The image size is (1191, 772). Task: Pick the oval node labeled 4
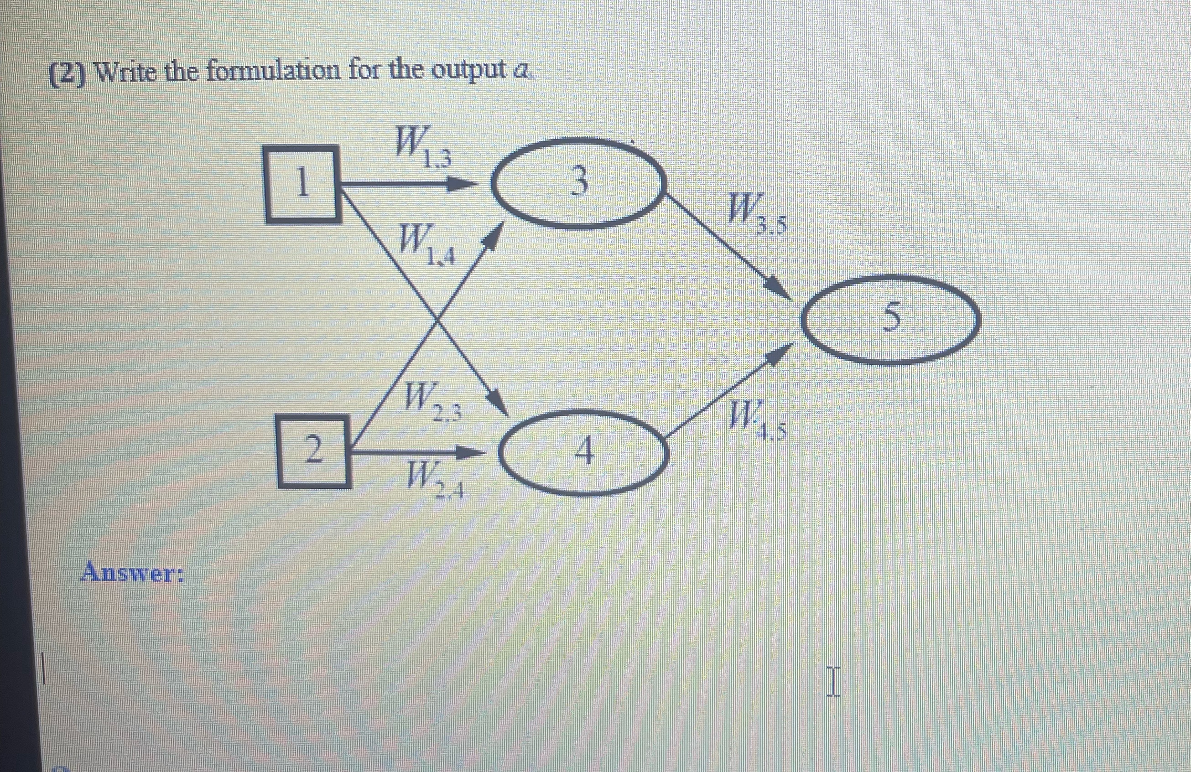(x=584, y=451)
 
